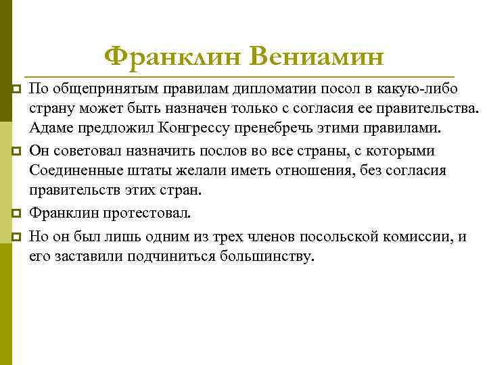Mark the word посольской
coord(333,237)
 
